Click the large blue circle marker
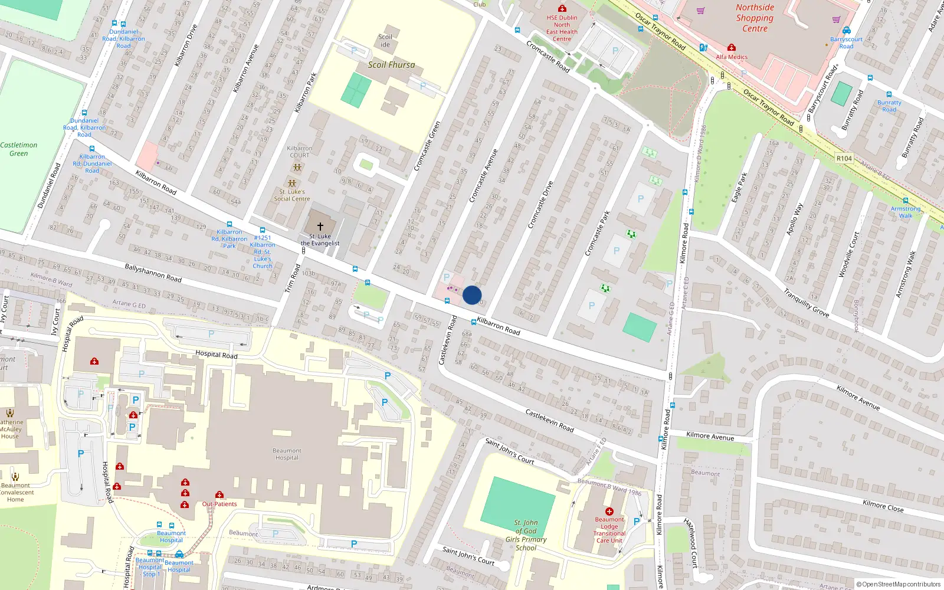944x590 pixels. [472, 295]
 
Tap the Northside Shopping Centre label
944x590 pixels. [755, 18]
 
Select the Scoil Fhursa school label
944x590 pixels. [391, 65]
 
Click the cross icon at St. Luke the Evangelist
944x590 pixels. [320, 226]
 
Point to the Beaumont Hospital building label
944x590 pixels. [287, 454]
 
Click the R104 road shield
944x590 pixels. [844, 158]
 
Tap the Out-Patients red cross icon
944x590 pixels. [219, 495]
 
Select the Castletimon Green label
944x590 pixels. [19, 149]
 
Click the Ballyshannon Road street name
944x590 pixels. [153, 273]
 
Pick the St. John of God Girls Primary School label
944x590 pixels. [526, 535]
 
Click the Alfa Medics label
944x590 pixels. [732, 57]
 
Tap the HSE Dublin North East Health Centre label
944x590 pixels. [562, 28]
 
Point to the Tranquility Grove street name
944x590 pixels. [806, 302]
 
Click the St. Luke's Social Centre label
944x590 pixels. [292, 195]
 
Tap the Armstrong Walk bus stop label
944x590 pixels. [906, 212]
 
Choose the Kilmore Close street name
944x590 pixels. [883, 506]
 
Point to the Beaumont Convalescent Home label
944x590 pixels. [16, 492]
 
